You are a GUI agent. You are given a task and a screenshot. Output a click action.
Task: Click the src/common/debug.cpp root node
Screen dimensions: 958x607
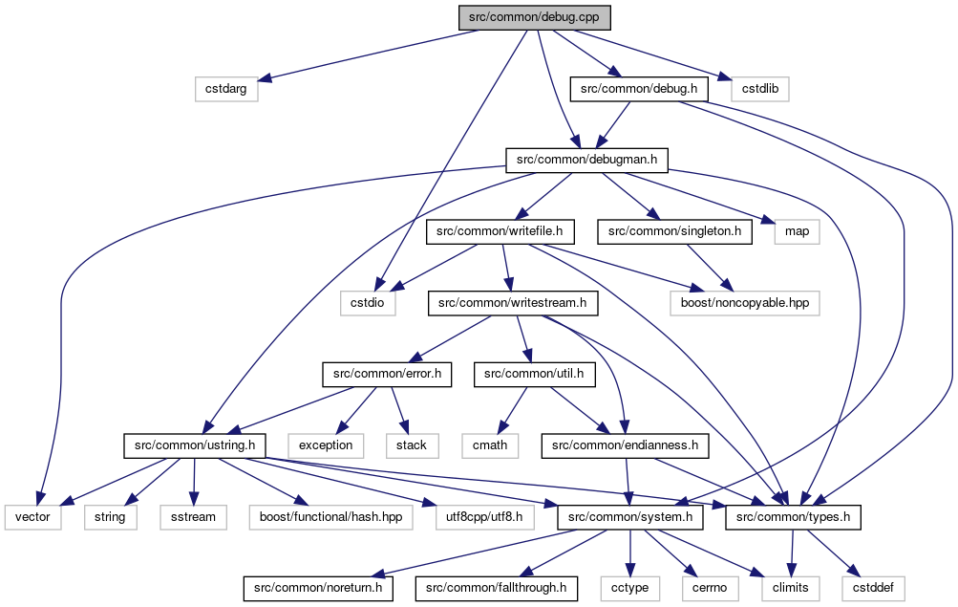coord(535,17)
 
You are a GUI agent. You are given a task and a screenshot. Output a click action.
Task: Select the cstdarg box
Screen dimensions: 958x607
coord(226,89)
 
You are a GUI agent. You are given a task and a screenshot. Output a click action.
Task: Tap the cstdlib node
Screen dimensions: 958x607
coord(760,89)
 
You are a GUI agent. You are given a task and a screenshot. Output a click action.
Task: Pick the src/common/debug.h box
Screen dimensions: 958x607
coord(639,89)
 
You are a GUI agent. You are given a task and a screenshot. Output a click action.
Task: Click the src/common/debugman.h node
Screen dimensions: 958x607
coord(586,161)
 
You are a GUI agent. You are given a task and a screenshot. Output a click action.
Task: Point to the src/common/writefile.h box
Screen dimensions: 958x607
coord(500,231)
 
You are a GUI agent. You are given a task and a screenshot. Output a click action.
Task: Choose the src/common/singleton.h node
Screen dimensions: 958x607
coord(674,231)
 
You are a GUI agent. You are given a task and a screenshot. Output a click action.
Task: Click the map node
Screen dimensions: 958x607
coord(797,231)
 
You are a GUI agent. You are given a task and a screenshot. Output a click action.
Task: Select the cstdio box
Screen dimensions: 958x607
coord(368,303)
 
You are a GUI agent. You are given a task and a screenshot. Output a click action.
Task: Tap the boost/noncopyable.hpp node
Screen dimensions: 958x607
coord(745,303)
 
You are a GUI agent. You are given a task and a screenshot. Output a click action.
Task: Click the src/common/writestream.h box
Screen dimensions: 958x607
coord(513,303)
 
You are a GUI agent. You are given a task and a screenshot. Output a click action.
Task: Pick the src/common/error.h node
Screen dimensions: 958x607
coord(387,374)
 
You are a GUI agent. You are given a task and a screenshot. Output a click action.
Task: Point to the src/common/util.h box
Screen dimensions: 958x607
coord(534,374)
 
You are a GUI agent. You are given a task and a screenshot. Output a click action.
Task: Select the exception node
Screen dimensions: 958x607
coord(326,445)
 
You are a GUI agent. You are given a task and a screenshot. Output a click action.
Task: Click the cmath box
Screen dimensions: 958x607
coord(490,445)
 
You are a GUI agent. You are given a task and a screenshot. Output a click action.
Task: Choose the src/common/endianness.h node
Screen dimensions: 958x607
coord(625,445)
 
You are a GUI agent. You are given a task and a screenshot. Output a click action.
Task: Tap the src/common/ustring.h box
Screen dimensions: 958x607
coord(195,445)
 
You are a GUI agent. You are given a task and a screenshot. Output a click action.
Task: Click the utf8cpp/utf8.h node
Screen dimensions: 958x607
coord(484,517)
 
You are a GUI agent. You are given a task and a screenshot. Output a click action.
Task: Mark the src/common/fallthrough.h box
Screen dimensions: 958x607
coord(496,589)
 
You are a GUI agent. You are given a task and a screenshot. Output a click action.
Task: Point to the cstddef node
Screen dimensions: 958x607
coord(873,589)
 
